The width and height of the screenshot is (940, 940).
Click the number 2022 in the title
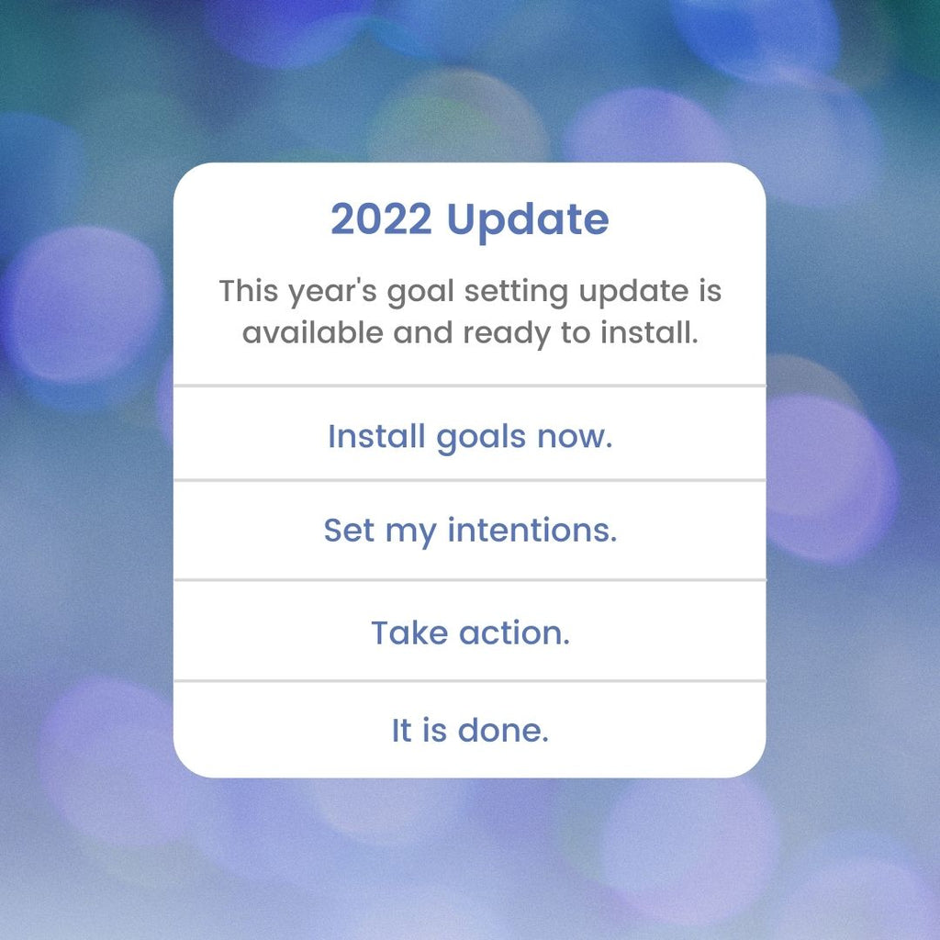coord(381,218)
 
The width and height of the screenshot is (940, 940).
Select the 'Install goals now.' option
coord(470,436)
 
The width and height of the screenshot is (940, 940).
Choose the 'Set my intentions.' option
coord(470,532)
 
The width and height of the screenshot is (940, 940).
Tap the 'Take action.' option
coord(470,632)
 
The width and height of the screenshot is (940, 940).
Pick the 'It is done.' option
coord(470,730)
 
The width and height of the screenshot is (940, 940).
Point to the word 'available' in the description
coord(312,332)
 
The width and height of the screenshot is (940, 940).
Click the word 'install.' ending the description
coord(649,332)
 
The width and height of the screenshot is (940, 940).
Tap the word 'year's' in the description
coord(332,293)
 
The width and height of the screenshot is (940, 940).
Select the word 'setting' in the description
coord(516,293)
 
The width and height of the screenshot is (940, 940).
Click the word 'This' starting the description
coord(249,291)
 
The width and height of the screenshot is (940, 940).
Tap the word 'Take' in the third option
coord(409,632)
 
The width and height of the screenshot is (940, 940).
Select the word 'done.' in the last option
coord(503,730)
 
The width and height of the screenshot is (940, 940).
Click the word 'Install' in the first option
coord(376,435)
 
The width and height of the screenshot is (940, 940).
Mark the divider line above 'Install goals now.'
coord(470,386)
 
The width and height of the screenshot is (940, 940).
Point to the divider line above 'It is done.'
coord(470,681)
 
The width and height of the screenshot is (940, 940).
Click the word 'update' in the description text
coord(633,293)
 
